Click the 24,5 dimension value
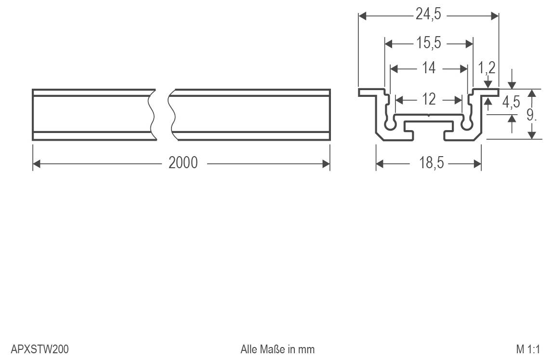click(x=428, y=15)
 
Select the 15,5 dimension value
click(x=429, y=43)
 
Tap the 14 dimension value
click(x=429, y=68)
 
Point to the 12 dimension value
click(x=429, y=99)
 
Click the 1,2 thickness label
click(x=487, y=67)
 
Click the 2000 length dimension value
click(x=183, y=163)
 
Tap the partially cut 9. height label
click(x=531, y=114)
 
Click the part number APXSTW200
click(x=39, y=349)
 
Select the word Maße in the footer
click(x=273, y=349)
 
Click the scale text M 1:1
click(x=528, y=349)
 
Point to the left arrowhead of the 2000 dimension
click(x=37, y=163)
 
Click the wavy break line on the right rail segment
click(x=171, y=115)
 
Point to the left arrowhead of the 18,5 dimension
click(x=380, y=164)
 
